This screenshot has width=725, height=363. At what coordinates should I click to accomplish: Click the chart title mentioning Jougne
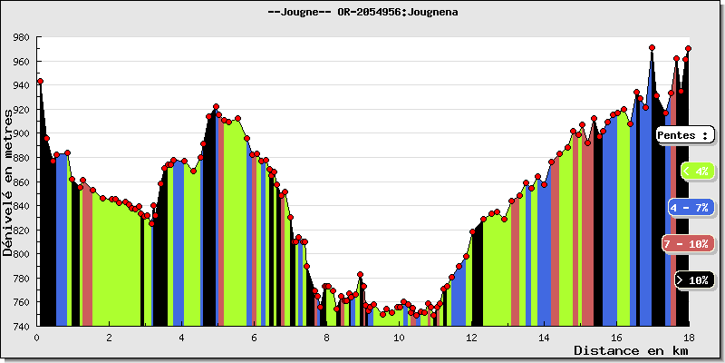pos(362,12)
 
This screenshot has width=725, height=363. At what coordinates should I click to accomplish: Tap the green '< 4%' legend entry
pos(696,171)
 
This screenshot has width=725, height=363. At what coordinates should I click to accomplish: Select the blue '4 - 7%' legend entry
pos(691,207)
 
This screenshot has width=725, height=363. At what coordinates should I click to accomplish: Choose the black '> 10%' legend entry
pos(696,280)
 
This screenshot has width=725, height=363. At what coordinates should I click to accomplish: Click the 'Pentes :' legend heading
pos(685,134)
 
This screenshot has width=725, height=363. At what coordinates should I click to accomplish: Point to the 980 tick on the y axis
pos(20,38)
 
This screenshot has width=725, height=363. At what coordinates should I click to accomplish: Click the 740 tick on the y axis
pos(20,326)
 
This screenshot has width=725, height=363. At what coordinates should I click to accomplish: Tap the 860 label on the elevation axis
pos(20,182)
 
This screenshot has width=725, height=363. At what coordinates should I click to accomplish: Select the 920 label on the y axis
pos(20,110)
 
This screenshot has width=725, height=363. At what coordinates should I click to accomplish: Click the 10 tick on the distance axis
pos(399,338)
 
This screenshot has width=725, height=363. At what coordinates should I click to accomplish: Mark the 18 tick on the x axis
pos(688,338)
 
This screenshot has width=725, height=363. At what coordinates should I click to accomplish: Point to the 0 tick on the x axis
pos(36,338)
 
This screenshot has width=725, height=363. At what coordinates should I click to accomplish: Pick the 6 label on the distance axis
pos(255,338)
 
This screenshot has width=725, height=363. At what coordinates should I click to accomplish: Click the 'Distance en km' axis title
pos(631,350)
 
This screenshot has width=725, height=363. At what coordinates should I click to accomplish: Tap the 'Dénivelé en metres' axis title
pos(8,181)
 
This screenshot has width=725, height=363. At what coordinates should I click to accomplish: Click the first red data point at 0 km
pos(40,82)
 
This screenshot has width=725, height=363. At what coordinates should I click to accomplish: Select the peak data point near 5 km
pos(216,107)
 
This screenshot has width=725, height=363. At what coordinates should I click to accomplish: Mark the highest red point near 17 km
pos(652,47)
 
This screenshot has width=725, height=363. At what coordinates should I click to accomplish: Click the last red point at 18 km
pos(689,48)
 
